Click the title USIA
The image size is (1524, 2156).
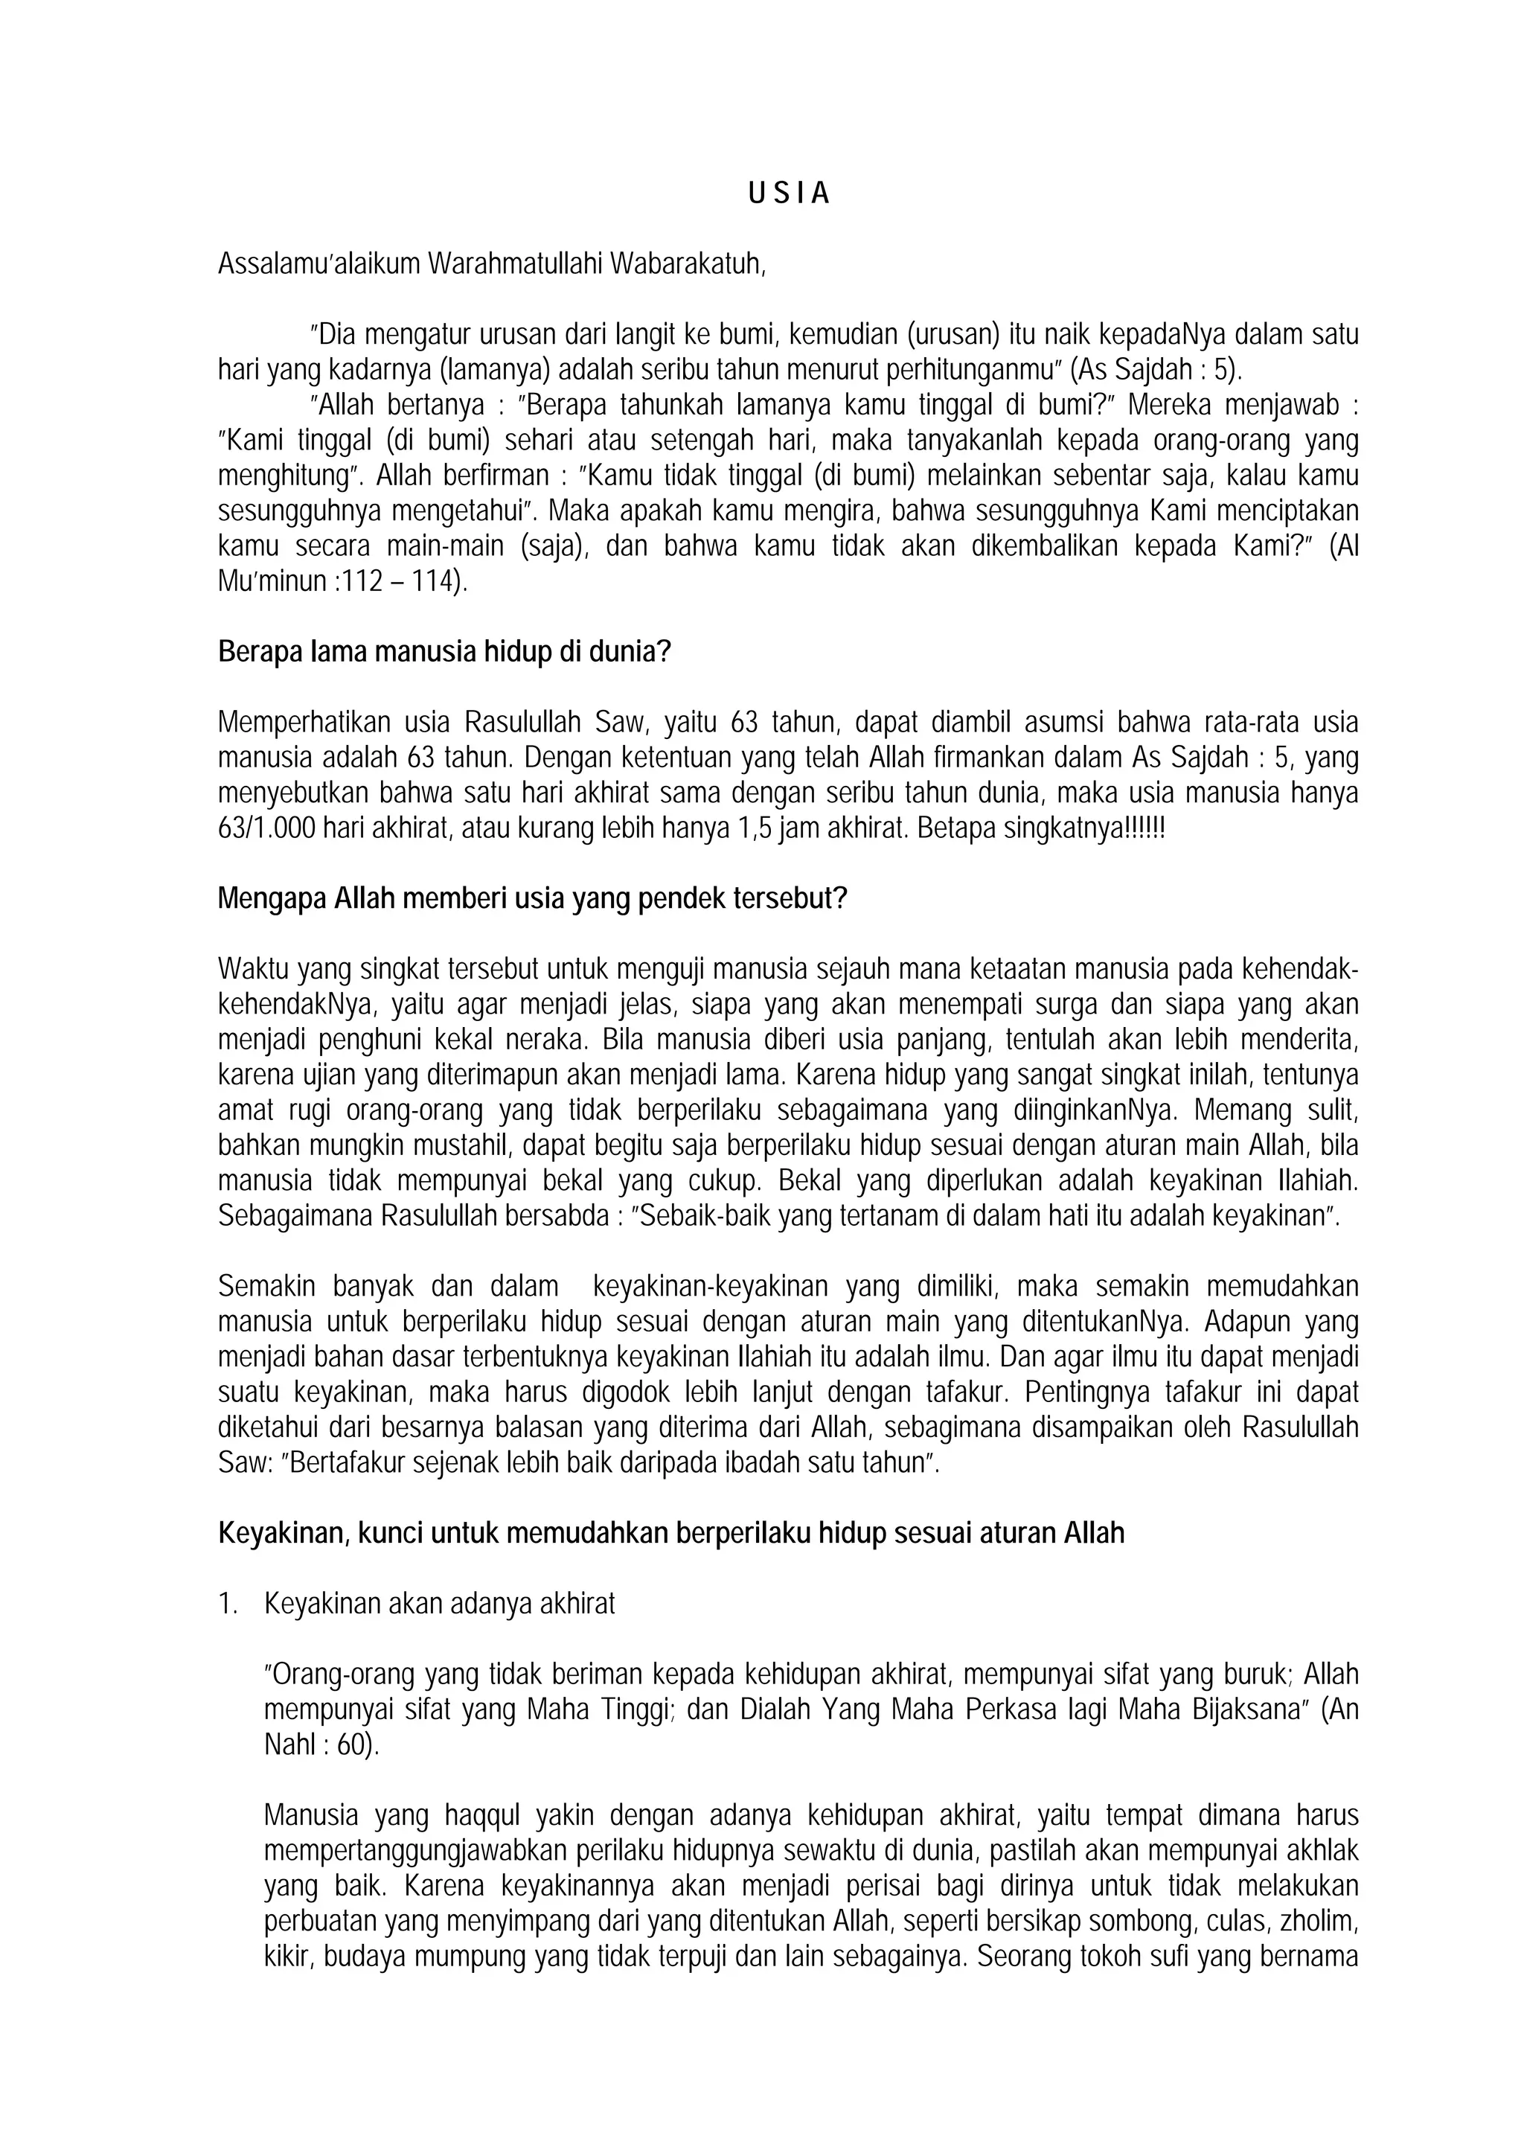click(789, 193)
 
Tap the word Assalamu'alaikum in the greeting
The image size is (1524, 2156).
click(318, 264)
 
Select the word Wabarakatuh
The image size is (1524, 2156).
click(688, 264)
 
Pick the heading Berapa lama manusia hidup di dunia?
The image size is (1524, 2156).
click(444, 652)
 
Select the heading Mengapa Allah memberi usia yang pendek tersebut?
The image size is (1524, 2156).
click(532, 899)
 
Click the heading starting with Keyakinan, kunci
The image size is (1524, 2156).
click(670, 1533)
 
